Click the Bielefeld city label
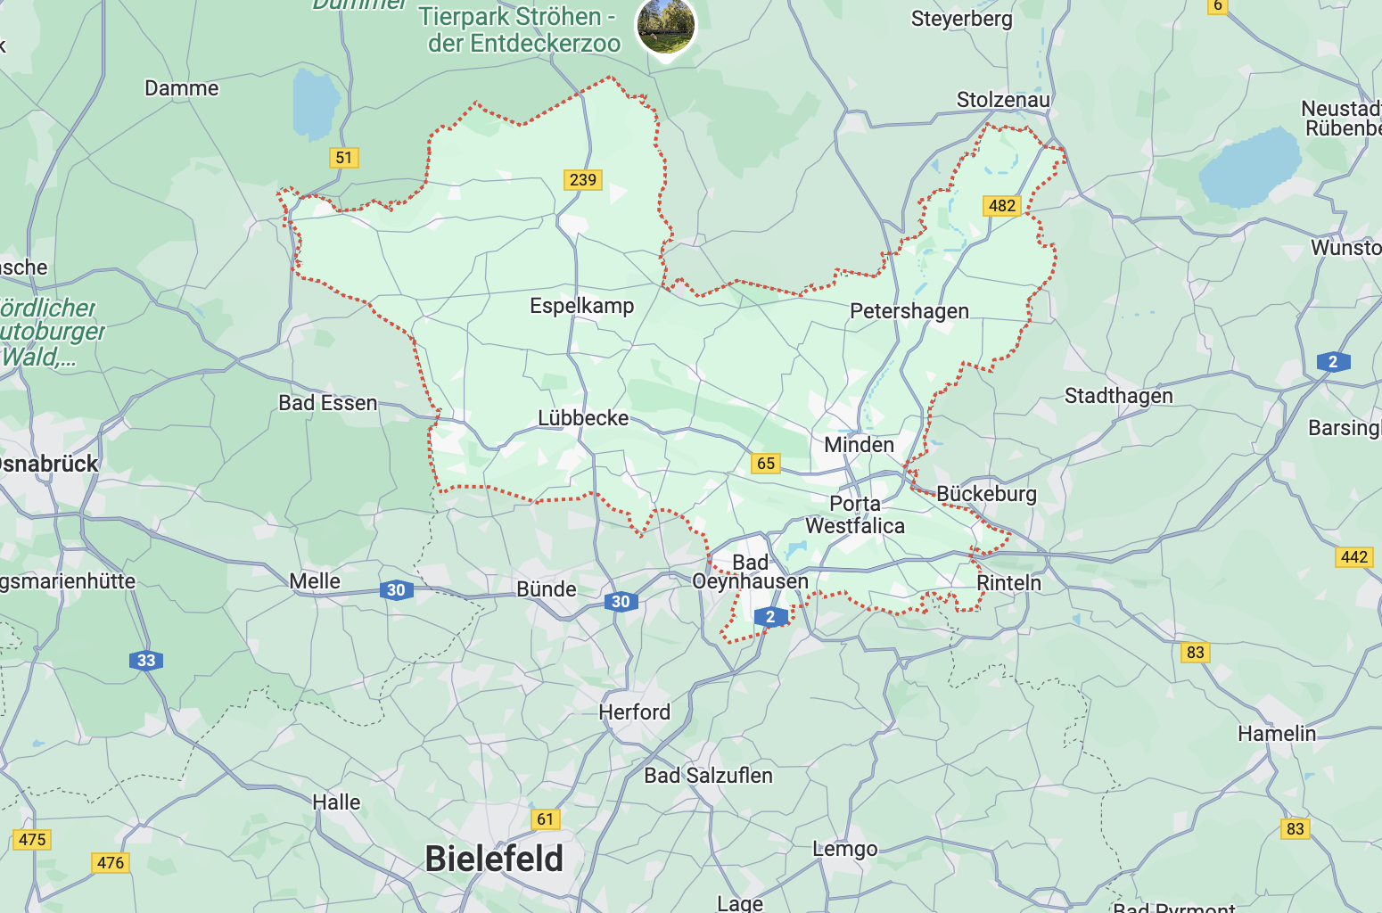[x=494, y=859]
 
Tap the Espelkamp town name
[x=581, y=306]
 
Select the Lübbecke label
[x=583, y=418]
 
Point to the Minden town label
[x=859, y=445]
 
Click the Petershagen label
[x=909, y=311]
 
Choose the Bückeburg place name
[x=986, y=494]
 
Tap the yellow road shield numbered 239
[x=583, y=180]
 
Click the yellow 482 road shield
[x=1002, y=206]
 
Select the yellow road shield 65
[x=766, y=464]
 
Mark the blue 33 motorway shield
[x=146, y=661]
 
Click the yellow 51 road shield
[x=344, y=158]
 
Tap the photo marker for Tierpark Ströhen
[x=665, y=25]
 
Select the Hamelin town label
[x=1276, y=734]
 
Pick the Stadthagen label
[x=1118, y=396]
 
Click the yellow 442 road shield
[x=1353, y=557]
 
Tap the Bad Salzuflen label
[x=708, y=776]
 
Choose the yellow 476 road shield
[x=111, y=862]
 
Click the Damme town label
[x=181, y=88]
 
